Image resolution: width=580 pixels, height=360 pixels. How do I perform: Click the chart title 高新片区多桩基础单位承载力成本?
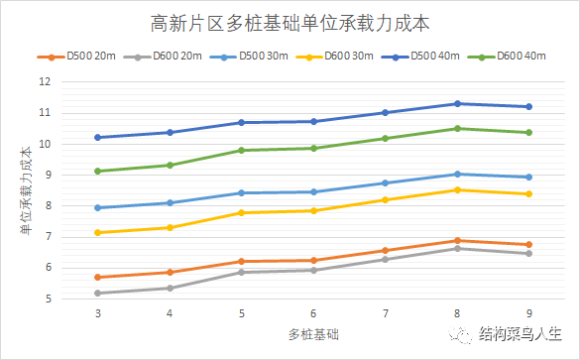point(290,21)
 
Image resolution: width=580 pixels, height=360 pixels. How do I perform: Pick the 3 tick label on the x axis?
point(97,312)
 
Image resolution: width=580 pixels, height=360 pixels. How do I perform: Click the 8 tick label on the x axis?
point(457,312)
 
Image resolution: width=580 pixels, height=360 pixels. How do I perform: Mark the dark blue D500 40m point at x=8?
point(457,103)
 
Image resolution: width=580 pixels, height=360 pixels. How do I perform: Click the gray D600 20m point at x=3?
point(97,293)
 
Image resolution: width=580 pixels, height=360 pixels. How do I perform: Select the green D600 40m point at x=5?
point(241,150)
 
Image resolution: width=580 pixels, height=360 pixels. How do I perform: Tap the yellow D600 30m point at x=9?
point(528,193)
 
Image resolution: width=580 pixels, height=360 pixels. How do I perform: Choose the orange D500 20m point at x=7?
point(385,250)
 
